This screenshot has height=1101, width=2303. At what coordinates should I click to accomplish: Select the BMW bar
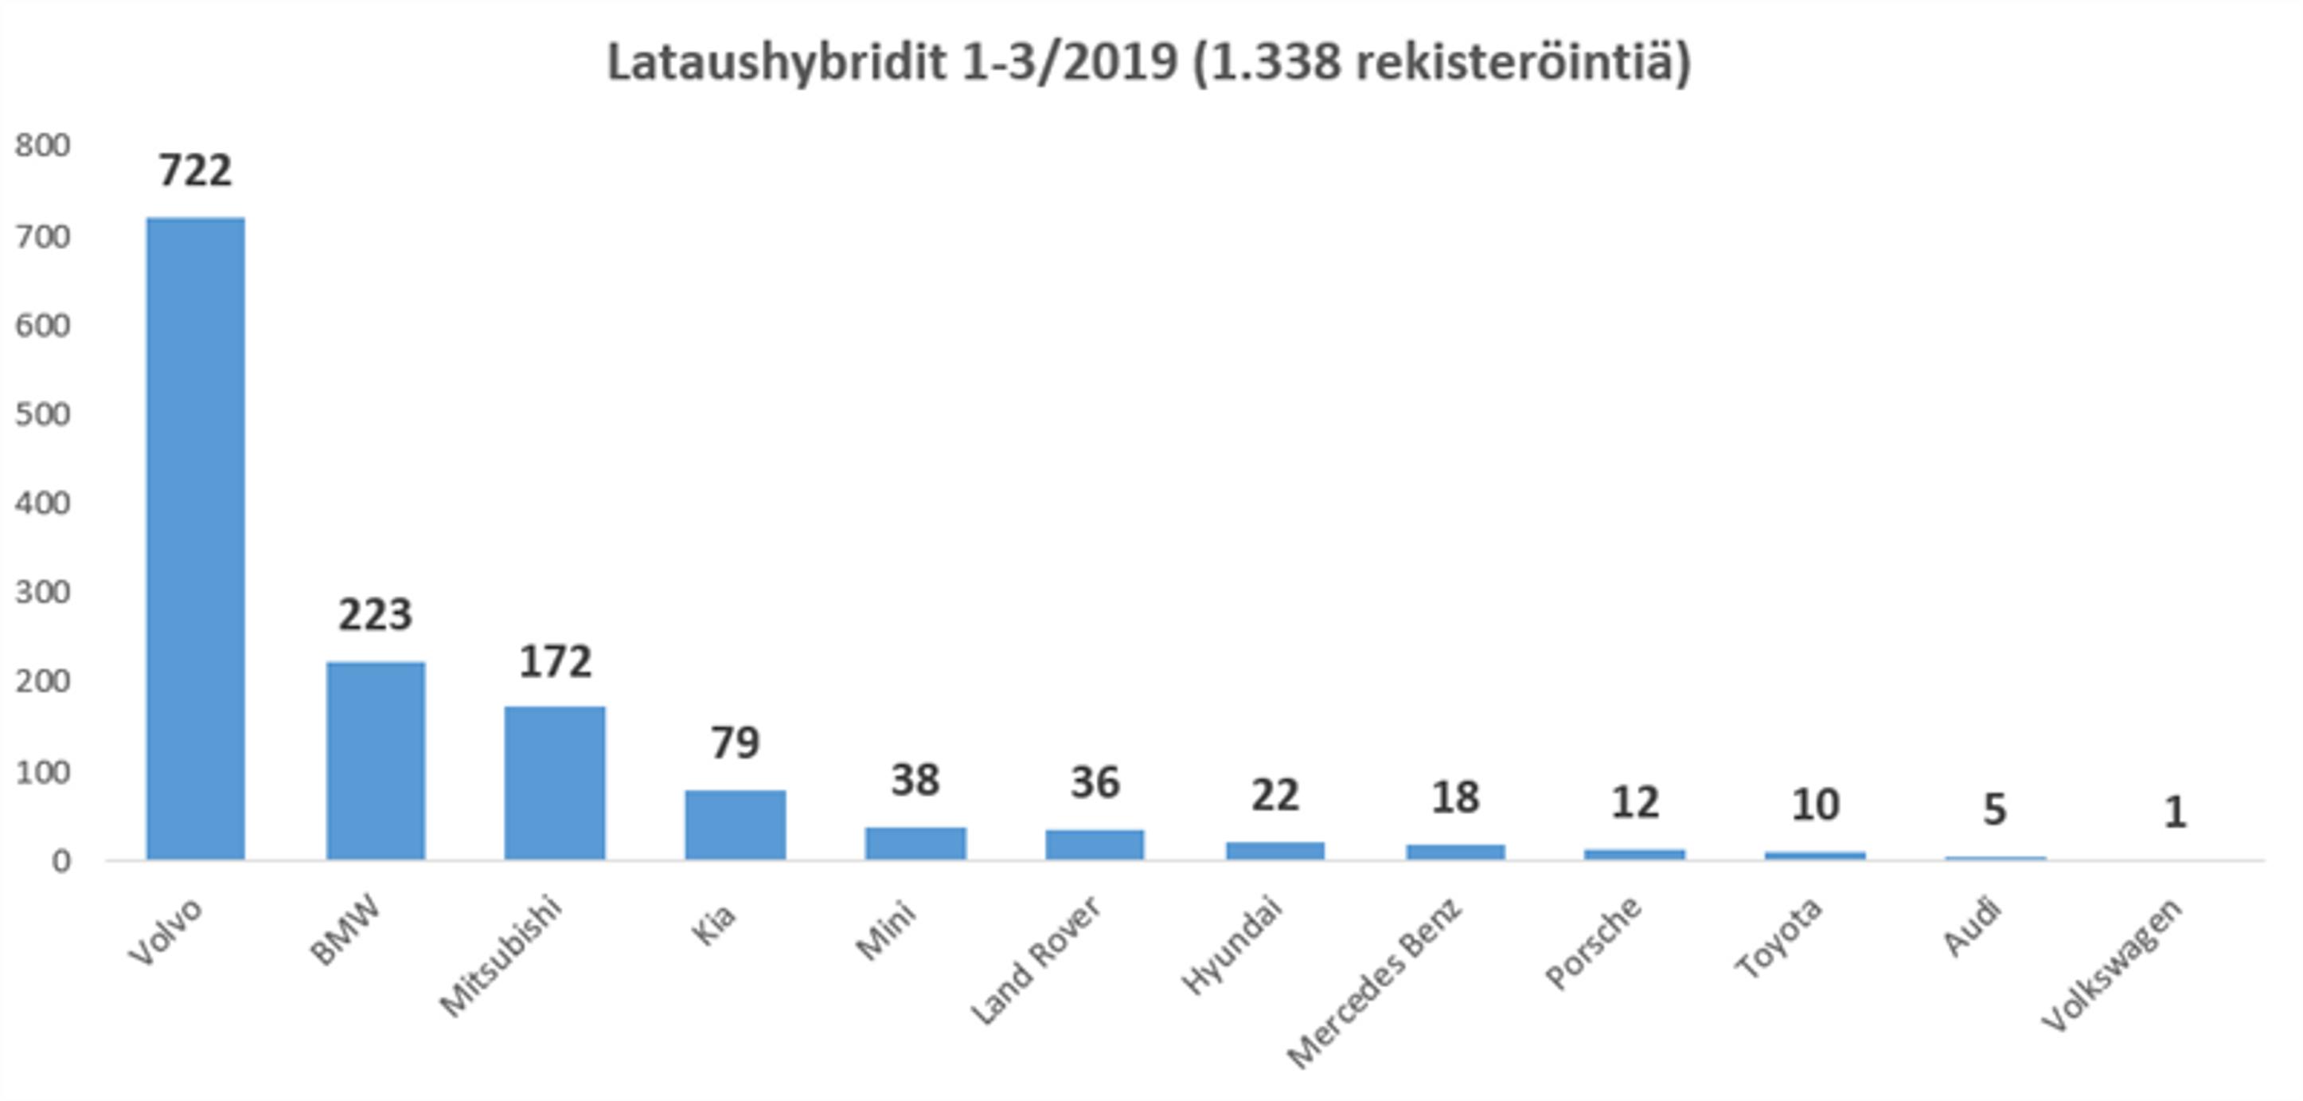tap(376, 760)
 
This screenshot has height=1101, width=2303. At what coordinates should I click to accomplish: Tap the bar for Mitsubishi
tap(555, 782)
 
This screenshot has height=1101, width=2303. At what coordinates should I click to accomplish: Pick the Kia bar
tap(736, 824)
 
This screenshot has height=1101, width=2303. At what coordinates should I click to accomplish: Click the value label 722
tap(196, 170)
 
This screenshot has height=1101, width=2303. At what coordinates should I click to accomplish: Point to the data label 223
tap(376, 614)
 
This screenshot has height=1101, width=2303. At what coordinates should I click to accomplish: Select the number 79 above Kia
tap(736, 742)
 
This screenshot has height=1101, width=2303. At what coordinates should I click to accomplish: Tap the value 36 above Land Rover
tap(1095, 782)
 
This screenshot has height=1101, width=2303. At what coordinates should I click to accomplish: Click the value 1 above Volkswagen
tap(2174, 812)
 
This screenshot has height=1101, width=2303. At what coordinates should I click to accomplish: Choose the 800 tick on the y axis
tap(42, 146)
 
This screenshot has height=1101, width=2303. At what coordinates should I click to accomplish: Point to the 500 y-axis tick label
tap(42, 415)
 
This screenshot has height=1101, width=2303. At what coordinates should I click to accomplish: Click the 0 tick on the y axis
tap(61, 861)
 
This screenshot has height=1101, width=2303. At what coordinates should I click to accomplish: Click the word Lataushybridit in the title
tap(776, 63)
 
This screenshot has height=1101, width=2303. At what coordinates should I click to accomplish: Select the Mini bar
tap(915, 843)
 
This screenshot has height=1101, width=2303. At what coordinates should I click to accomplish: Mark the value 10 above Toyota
tap(1815, 805)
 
